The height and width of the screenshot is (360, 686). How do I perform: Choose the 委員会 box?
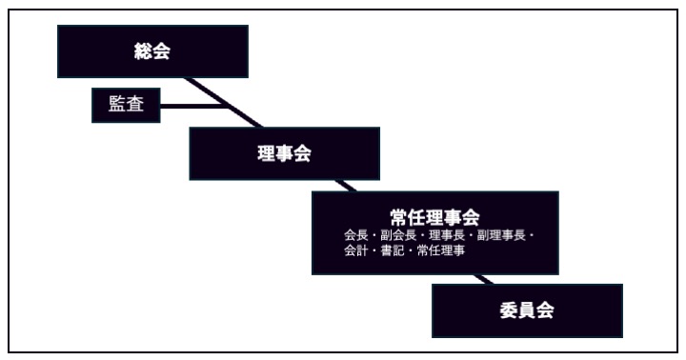point(526,310)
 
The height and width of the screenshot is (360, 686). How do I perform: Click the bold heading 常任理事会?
point(434,216)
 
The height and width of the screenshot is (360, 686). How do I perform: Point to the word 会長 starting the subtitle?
point(354,234)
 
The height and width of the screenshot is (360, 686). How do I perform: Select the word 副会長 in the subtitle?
point(393,234)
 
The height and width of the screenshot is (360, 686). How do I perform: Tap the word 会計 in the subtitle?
point(354,250)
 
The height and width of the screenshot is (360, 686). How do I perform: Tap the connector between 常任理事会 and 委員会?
point(485,279)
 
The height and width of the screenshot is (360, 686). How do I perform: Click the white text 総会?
point(152,52)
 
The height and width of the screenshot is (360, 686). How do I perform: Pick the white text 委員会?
point(526,310)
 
